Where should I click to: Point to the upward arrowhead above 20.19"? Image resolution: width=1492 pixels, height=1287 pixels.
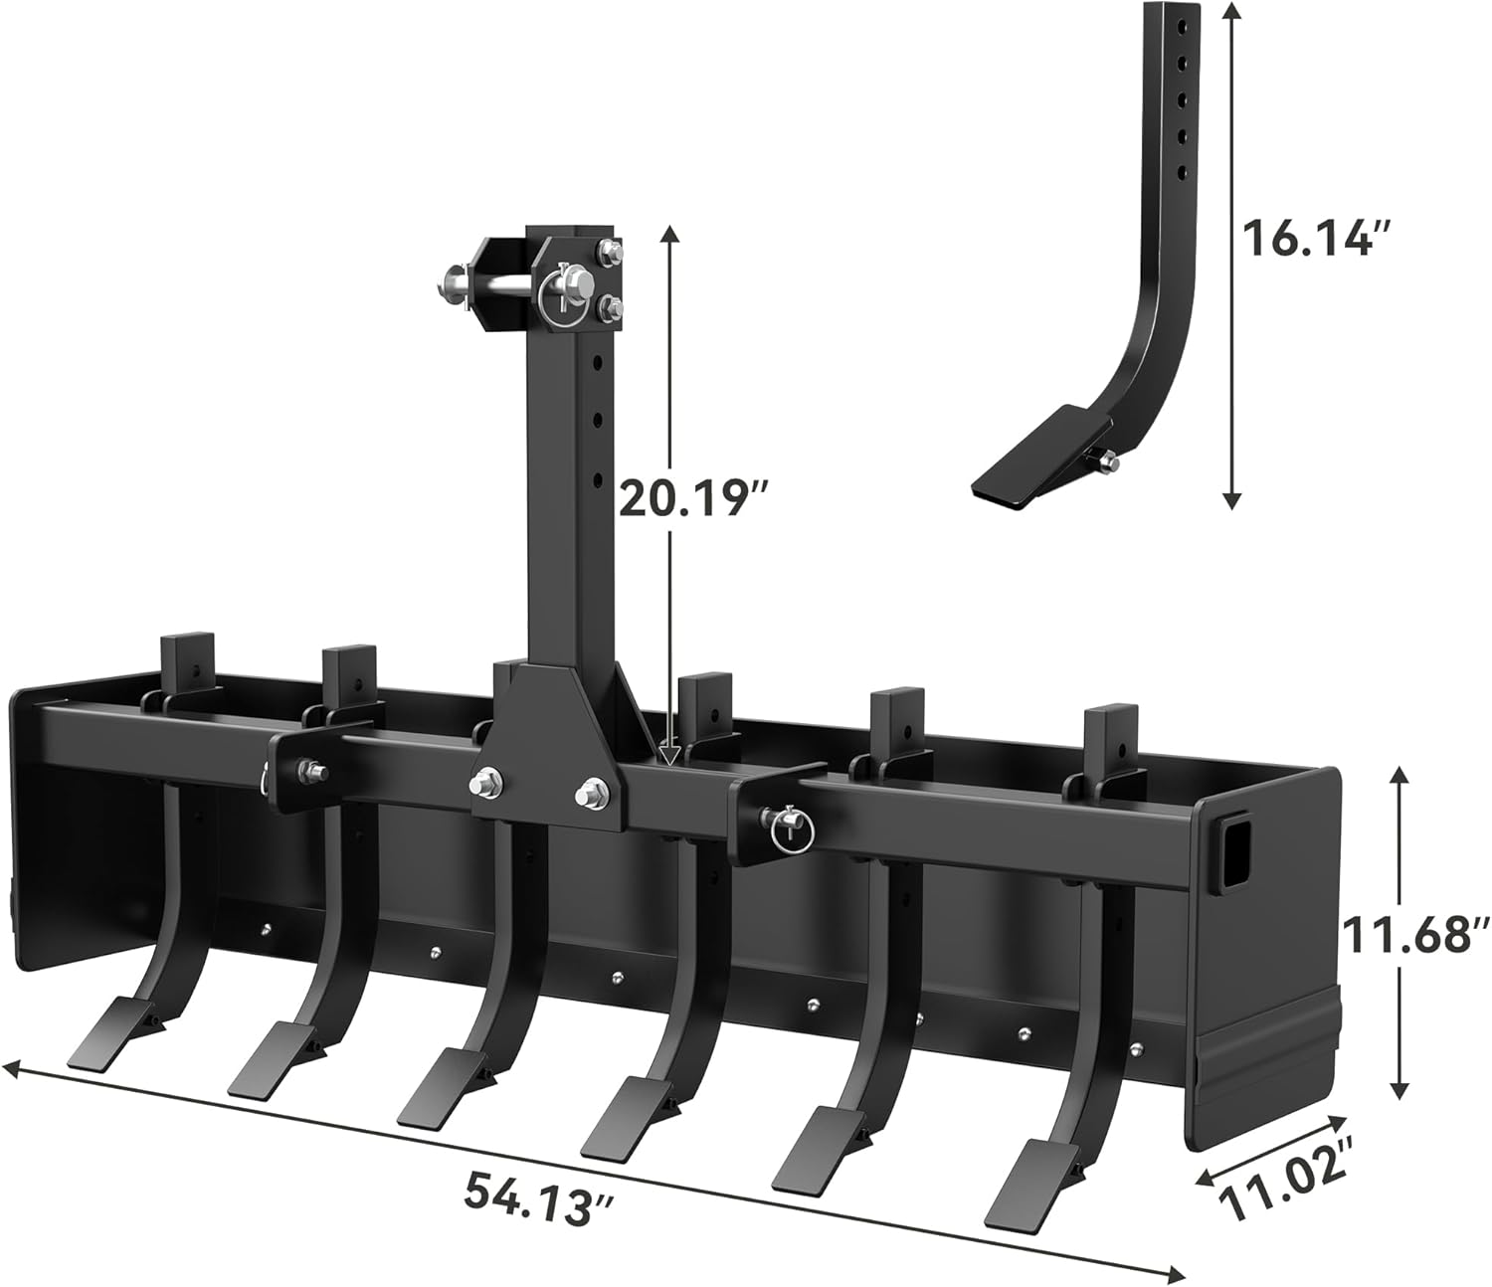[669, 235]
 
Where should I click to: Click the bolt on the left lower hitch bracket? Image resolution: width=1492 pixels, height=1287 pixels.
[305, 767]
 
